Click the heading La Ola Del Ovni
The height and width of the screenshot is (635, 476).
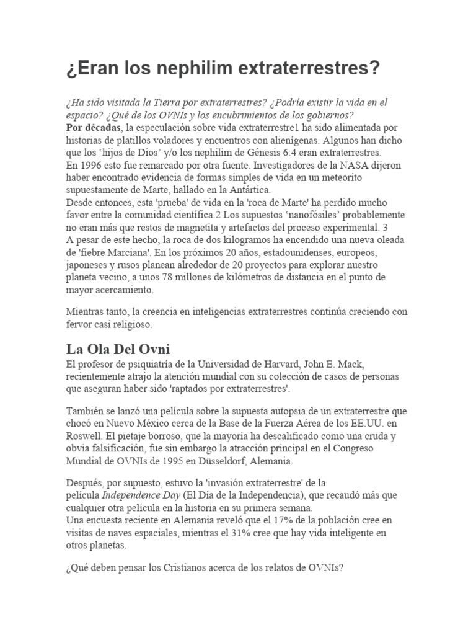click(x=117, y=350)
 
